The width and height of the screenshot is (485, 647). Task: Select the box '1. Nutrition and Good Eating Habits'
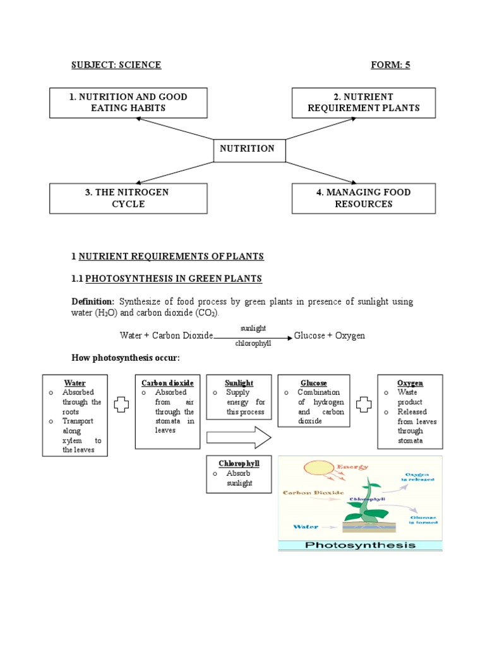pos(128,102)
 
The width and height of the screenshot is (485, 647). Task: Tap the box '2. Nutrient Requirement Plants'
pos(363,102)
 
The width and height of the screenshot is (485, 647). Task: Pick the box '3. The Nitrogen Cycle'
pos(128,198)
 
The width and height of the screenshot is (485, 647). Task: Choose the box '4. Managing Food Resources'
pos(363,198)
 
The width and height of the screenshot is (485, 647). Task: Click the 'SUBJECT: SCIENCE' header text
pos(116,65)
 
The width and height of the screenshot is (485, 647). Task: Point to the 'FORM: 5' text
pos(390,65)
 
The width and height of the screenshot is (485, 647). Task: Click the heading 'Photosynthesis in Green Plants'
pos(174,279)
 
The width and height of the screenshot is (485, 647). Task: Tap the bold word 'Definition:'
pos(92,301)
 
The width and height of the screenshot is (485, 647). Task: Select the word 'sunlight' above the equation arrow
pos(253,329)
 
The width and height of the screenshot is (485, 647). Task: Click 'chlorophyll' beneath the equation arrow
pos(253,344)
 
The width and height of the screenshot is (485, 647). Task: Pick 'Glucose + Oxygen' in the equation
pos(330,336)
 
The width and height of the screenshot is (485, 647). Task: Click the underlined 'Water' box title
pos(75,383)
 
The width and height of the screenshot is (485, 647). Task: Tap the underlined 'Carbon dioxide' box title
pos(167,383)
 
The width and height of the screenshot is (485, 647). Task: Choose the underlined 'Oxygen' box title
pos(410,383)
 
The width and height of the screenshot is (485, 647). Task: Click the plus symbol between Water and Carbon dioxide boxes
pos(121,405)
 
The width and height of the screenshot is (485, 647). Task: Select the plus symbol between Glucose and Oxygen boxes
pos(363,405)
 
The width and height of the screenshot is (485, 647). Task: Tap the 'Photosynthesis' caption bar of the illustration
pos(360,545)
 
